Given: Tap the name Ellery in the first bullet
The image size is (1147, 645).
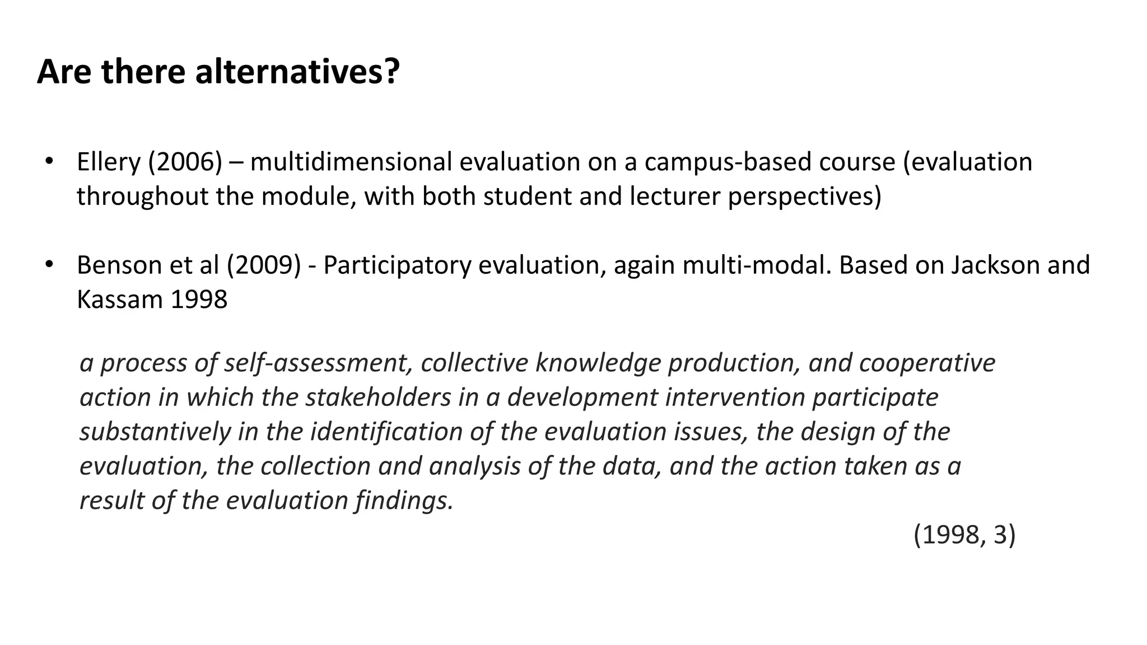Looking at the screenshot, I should [109, 162].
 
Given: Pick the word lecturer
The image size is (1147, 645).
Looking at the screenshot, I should [675, 197].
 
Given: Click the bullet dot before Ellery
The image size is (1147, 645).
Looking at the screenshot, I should [49, 161].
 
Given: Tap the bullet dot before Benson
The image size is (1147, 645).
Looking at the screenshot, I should [49, 264].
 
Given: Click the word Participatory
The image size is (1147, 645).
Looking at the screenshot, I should [397, 265].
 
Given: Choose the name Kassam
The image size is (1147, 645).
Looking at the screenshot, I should [119, 300].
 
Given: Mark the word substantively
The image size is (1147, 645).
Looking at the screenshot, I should [155, 432].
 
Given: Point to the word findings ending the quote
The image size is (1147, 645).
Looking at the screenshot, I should [403, 501].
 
